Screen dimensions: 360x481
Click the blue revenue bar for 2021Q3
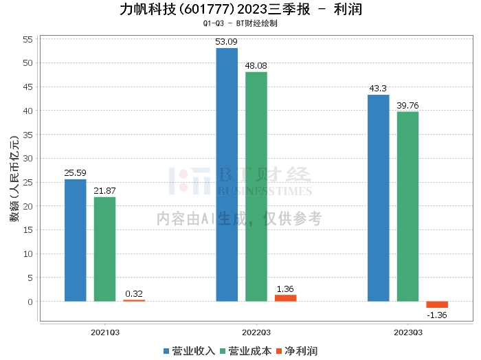pos(75,240)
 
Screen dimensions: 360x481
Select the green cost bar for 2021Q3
pos(104,249)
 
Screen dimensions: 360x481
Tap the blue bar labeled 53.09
pos(227,175)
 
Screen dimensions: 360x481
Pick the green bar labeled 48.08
pos(256,186)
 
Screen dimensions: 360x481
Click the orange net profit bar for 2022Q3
pos(285,298)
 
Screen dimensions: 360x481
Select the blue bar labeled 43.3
pos(378,198)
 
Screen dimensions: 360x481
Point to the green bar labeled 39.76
pos(407,206)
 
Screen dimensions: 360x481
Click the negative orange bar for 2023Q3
pos(437,304)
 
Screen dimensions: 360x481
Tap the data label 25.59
pos(75,172)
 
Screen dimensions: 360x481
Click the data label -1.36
pos(437,315)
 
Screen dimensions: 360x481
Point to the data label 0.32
pos(134,293)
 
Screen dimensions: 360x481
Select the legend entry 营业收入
pos(189,351)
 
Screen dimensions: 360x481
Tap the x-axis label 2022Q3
pos(256,332)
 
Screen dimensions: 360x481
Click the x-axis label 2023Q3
pos(407,332)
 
